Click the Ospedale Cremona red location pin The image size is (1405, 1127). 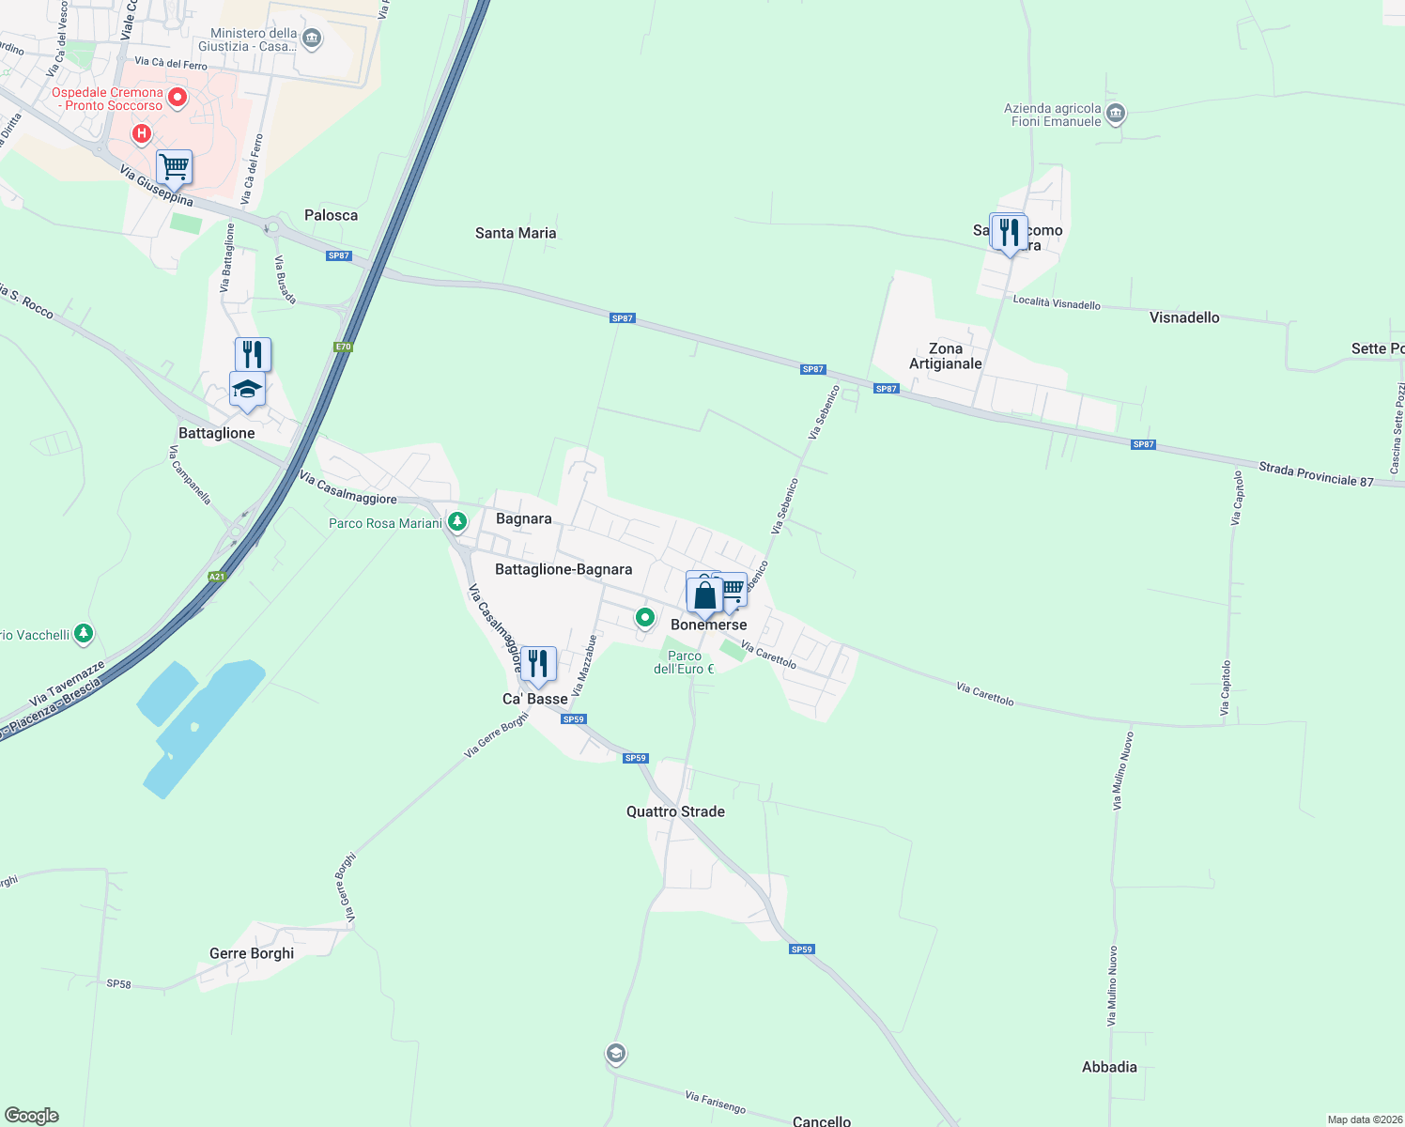[x=178, y=98]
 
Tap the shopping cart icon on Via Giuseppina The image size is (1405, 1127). [x=175, y=168]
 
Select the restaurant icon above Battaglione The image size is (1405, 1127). [x=253, y=354]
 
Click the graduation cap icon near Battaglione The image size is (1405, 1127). [x=247, y=389]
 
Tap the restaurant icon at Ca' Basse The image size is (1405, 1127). [x=538, y=664]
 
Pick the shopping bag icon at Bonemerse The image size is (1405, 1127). [x=704, y=595]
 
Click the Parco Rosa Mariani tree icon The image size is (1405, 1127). [x=457, y=520]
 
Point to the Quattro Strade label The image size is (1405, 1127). [x=675, y=811]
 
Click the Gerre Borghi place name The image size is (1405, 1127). [x=252, y=953]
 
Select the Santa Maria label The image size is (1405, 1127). [x=516, y=233]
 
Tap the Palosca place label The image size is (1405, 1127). [x=331, y=215]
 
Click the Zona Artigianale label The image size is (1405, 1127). [x=946, y=356]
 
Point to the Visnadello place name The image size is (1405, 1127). [x=1184, y=317]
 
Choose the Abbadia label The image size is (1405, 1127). [x=1109, y=1067]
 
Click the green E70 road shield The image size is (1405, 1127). [x=343, y=347]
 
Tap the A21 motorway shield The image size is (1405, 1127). [x=217, y=577]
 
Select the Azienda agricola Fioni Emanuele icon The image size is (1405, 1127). [x=1116, y=114]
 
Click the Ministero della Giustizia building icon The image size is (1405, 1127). [x=313, y=39]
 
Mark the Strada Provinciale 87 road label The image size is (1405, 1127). [x=1316, y=474]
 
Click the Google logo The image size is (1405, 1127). [x=32, y=1116]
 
